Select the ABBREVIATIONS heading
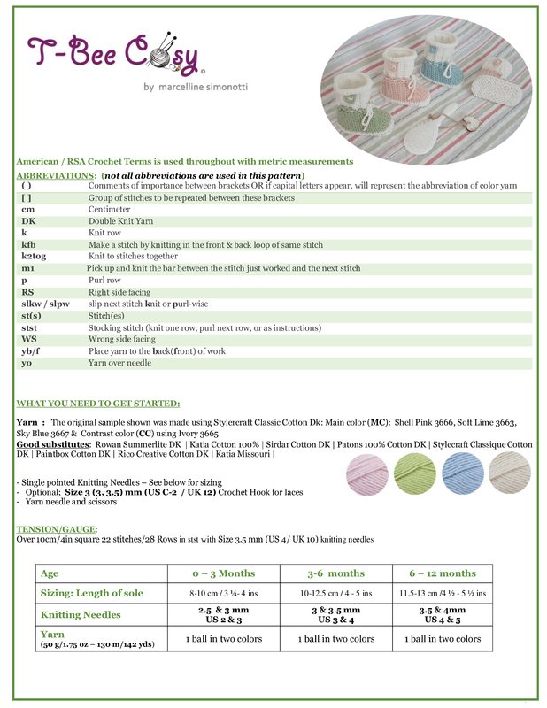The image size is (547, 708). point(58,175)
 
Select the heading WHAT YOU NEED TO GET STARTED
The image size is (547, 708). point(98,403)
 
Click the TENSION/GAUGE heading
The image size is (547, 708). point(50,528)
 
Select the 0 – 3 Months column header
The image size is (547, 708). point(222,573)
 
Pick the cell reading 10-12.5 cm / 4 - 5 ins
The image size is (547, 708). point(335,592)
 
